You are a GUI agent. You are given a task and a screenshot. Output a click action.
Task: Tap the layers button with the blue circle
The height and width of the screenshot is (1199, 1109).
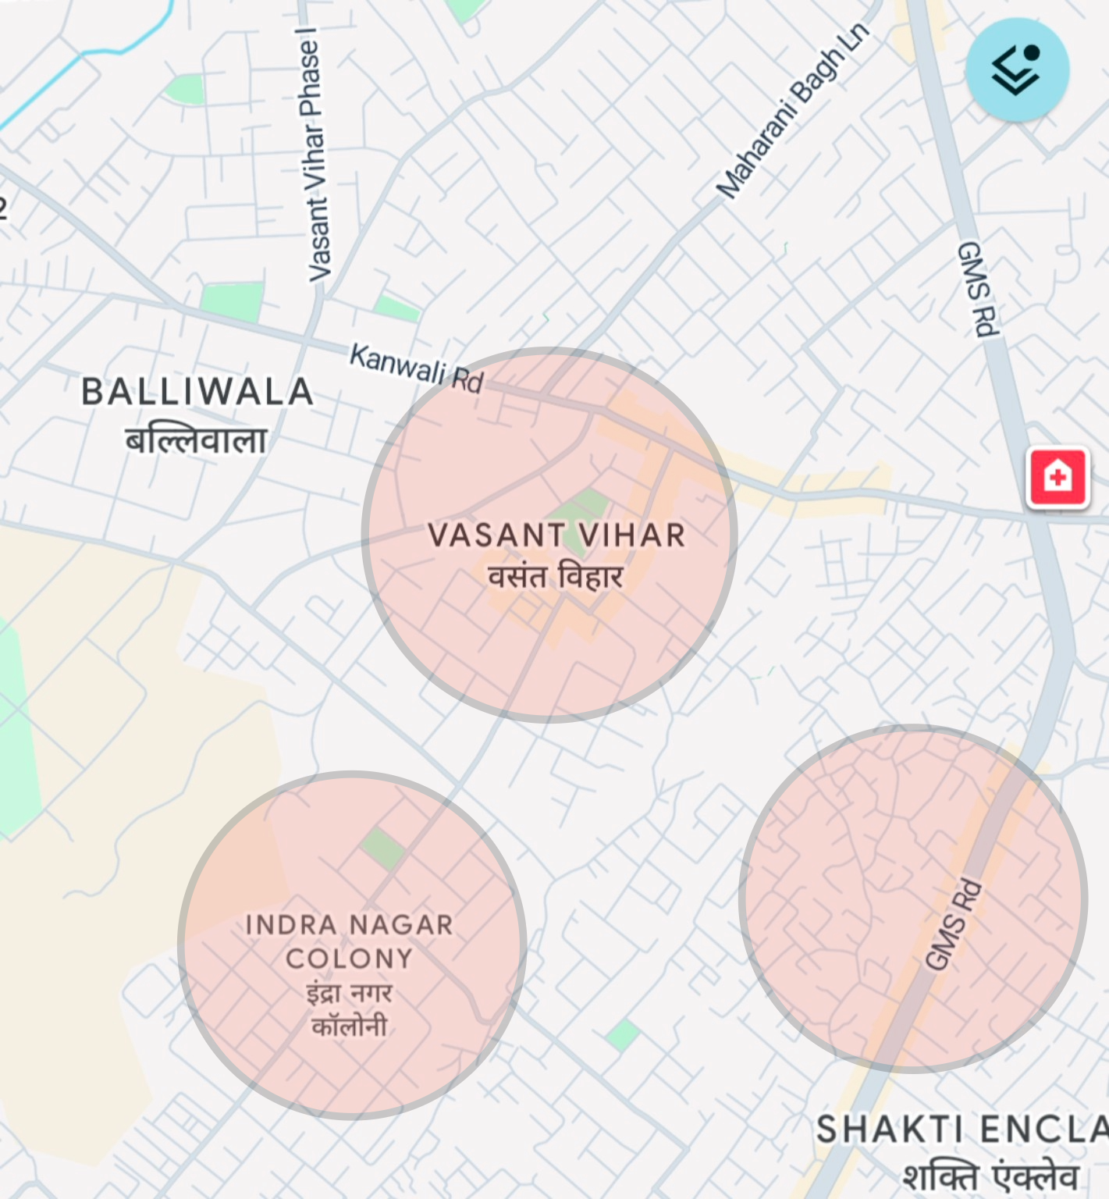coord(1016,69)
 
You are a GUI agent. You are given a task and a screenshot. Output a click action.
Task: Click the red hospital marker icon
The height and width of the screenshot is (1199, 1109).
coord(1057,477)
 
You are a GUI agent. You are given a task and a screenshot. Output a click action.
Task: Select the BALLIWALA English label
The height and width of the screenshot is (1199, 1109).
coord(197,392)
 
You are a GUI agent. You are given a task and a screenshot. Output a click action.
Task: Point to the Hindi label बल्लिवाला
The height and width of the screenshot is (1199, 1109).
coord(197,440)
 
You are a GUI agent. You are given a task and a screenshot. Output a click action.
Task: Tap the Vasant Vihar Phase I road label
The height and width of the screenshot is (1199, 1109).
coord(315,155)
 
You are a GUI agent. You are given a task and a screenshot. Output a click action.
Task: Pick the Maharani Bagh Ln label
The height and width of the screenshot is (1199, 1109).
coord(792,110)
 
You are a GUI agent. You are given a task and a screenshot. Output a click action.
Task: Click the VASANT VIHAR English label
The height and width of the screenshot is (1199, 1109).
coord(556,535)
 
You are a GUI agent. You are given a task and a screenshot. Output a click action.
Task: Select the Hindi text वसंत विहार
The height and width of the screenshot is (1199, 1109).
coord(556,578)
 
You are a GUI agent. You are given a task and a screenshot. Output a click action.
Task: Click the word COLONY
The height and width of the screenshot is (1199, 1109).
coord(349,959)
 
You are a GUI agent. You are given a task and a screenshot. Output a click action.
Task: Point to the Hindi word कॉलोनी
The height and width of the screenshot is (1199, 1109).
coord(349,1026)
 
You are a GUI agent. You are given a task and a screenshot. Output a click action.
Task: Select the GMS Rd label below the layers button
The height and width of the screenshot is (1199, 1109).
coord(977,289)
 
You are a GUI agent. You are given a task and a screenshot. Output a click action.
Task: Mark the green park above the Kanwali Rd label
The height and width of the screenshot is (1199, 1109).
coord(396,308)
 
